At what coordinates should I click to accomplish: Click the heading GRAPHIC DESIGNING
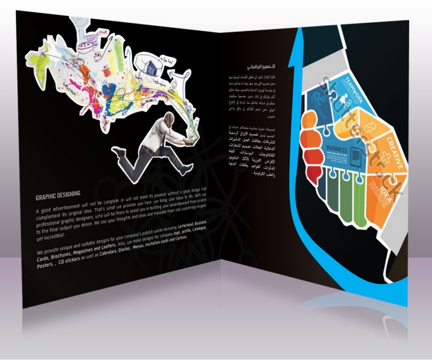59,198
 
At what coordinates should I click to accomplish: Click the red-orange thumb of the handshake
311,140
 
